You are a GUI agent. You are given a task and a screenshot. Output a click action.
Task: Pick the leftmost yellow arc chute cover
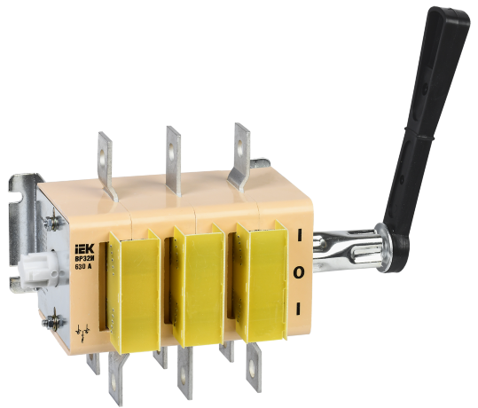tap(133, 285)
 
